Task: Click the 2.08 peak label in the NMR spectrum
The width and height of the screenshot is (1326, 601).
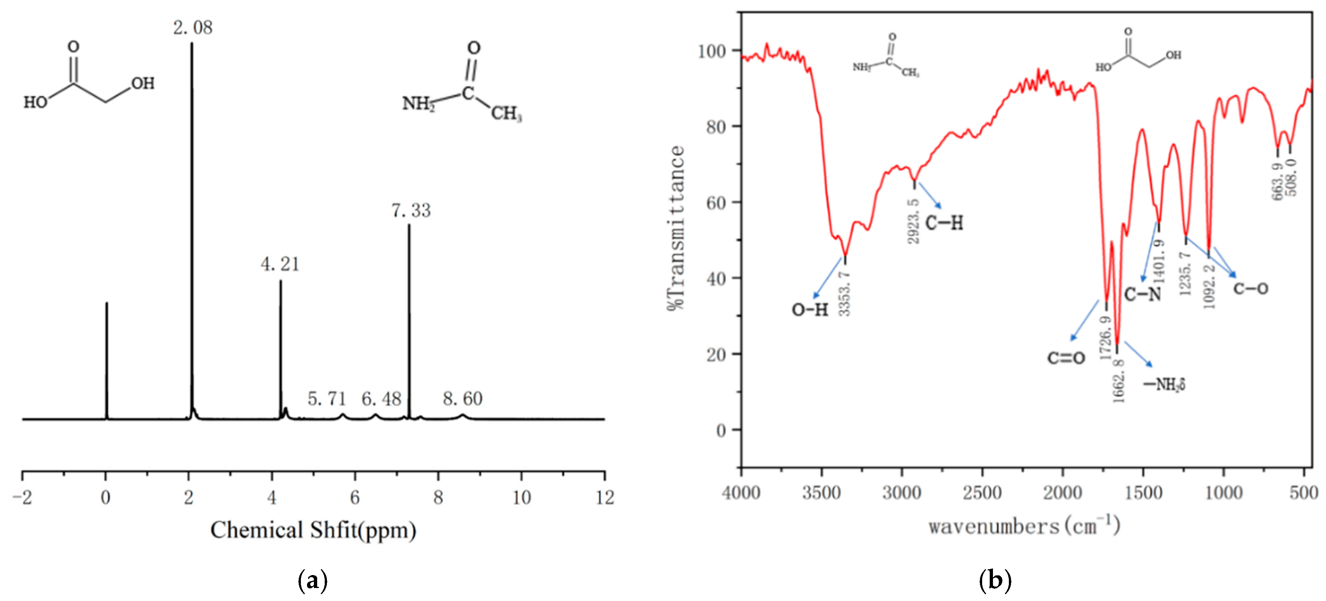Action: coord(193,28)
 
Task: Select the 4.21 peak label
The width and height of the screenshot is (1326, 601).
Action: coord(280,265)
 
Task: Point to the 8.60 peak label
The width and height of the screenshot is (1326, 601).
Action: coord(462,399)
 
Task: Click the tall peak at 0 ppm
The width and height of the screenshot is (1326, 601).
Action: coord(107,360)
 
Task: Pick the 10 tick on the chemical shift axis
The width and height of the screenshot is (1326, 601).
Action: coord(522,497)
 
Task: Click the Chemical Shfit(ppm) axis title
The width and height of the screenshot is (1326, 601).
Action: coord(313,530)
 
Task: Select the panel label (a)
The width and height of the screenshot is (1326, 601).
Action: coord(312,580)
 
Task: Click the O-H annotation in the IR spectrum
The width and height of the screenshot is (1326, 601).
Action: coord(810,310)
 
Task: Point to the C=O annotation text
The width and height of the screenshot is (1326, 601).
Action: coord(1066,358)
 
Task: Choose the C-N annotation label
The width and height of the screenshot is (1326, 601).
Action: coord(1142,294)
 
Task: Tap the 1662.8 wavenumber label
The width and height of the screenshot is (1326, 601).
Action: coord(1119,381)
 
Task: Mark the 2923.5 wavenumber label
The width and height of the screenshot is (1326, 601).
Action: coord(914,221)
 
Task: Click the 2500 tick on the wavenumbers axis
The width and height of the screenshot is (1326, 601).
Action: coord(982,493)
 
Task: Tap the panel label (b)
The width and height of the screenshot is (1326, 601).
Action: coord(994,580)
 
